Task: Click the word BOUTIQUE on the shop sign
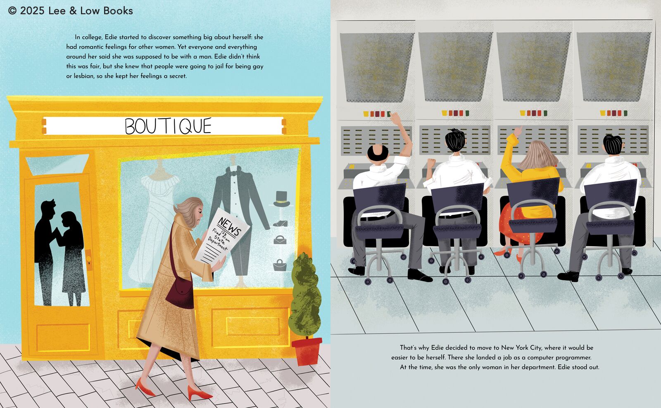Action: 168,126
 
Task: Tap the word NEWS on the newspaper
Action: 229,226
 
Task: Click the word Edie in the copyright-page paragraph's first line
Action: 110,37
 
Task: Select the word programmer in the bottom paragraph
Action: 574,358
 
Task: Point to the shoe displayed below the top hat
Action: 281,223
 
